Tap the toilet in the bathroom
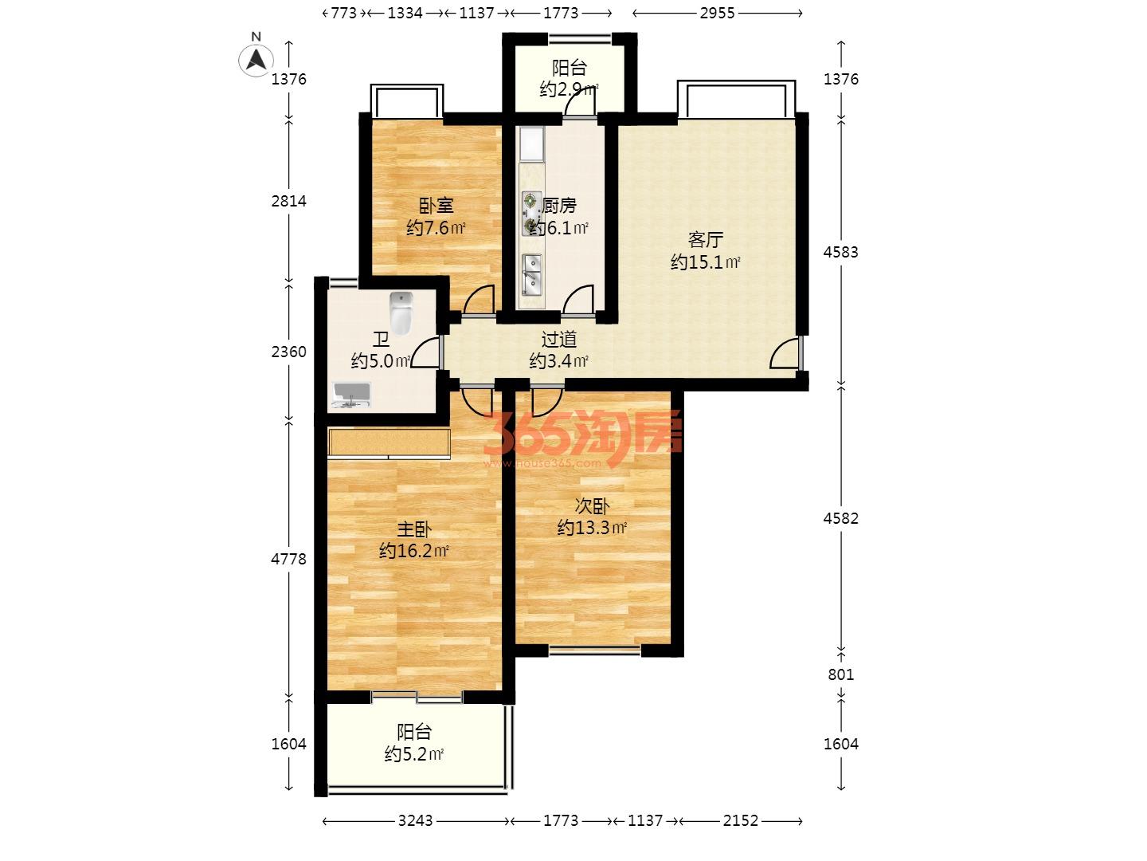click(x=401, y=313)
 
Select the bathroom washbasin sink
click(x=352, y=395)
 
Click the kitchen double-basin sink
click(x=532, y=274)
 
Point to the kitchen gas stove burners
click(x=532, y=214)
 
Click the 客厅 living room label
click(x=706, y=240)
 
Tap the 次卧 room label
click(x=592, y=505)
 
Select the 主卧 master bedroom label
click(x=414, y=529)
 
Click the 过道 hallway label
click(x=558, y=340)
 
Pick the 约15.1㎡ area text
click(x=706, y=262)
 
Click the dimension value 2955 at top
click(x=717, y=13)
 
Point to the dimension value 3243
click(x=416, y=821)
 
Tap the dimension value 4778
click(x=288, y=559)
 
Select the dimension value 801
click(x=841, y=674)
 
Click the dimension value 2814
click(x=288, y=201)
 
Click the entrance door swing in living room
click(x=785, y=353)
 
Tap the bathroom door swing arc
click(x=425, y=353)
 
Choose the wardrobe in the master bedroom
click(x=390, y=443)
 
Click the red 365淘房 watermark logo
click(x=582, y=438)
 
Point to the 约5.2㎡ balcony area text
click(x=414, y=754)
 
